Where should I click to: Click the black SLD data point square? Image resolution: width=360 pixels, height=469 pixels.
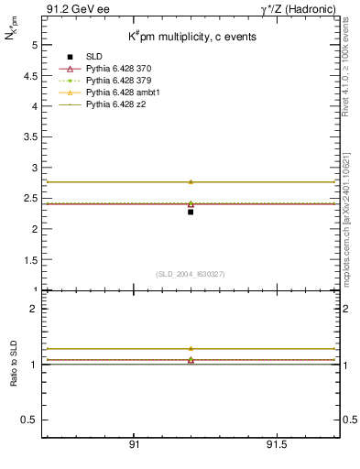(191, 212)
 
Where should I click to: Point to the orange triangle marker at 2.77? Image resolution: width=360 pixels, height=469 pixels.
(191, 181)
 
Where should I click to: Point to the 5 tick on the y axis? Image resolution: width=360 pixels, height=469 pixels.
(34, 45)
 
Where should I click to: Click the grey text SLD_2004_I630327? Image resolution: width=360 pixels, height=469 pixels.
(191, 274)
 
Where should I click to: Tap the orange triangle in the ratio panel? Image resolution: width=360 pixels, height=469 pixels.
(191, 348)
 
